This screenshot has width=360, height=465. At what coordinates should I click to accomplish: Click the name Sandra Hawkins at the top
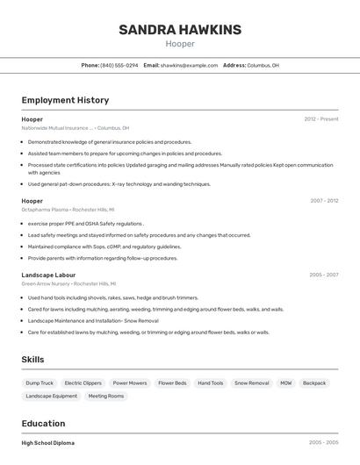[x=180, y=30]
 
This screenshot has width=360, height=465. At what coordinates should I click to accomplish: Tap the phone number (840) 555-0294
[x=119, y=65]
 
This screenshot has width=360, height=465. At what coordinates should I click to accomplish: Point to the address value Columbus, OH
[x=263, y=65]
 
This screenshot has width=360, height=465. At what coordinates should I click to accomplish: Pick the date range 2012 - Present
[x=320, y=118]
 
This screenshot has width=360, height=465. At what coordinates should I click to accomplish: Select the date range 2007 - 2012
[x=323, y=200]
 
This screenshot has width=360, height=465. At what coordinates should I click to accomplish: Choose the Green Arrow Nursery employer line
[x=68, y=283]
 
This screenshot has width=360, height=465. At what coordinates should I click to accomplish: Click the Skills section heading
[x=32, y=359]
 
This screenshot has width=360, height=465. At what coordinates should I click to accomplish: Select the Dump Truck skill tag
[x=40, y=383]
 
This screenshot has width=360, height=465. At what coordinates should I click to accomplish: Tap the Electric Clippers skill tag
[x=83, y=383]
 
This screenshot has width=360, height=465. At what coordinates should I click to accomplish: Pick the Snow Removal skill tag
[x=252, y=383]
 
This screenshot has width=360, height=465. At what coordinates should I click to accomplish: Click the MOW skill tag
[x=286, y=383]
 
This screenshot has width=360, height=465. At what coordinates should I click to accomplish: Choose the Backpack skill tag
[x=314, y=383]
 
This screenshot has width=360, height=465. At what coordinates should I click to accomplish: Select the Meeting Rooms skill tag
[x=105, y=396]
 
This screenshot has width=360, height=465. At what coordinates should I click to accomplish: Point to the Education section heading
[x=43, y=423]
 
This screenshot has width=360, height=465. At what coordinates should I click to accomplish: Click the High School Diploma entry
[x=48, y=443]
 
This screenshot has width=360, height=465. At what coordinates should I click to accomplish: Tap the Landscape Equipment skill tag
[x=51, y=396]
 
